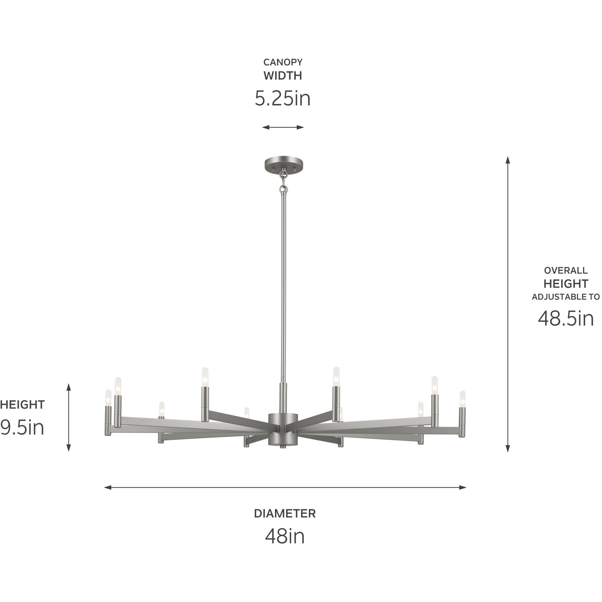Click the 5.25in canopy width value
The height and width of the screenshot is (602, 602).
(x=283, y=99)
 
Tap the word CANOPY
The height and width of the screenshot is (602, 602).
(x=283, y=62)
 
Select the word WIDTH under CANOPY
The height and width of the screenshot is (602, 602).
(x=283, y=76)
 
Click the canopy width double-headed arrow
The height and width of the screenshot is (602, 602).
(x=283, y=127)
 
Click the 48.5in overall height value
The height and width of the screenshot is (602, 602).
(x=566, y=318)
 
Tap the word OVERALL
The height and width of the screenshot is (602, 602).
(x=566, y=270)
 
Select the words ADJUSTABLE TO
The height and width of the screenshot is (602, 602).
(x=566, y=297)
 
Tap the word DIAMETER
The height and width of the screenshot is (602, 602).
(x=285, y=514)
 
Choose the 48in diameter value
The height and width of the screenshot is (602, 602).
(x=285, y=536)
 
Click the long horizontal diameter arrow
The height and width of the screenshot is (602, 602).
(x=285, y=488)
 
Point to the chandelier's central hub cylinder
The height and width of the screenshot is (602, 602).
(x=283, y=429)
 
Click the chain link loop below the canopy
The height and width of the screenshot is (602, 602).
(x=284, y=189)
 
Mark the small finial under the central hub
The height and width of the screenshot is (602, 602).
(x=283, y=447)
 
